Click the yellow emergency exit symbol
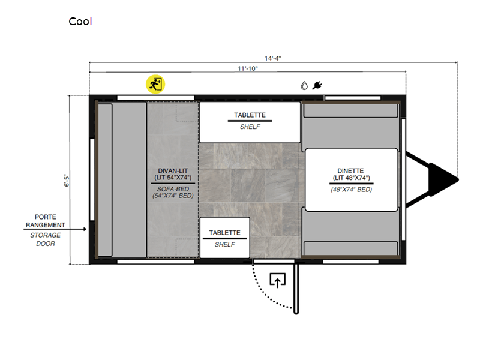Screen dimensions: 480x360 [x=155, y=84]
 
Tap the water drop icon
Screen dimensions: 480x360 [x=304, y=85]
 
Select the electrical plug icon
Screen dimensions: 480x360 [x=317, y=85]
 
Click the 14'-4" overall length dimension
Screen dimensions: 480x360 [x=273, y=58]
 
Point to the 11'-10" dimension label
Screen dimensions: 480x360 [x=248, y=68]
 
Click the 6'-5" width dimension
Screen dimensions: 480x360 [x=67, y=181]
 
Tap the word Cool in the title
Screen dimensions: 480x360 [x=80, y=22]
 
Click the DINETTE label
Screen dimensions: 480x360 [x=350, y=171]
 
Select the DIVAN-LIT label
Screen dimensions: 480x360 [x=173, y=171]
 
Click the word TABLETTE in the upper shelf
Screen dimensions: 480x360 [x=250, y=115]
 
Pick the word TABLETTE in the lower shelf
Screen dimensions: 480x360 [x=224, y=233]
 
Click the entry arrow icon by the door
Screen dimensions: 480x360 [x=278, y=280]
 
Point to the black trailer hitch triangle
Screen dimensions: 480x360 [x=443, y=179]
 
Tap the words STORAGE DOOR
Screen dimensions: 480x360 [x=46, y=239]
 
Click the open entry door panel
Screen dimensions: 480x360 [x=296, y=289]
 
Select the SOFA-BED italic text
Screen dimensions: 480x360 [x=173, y=189]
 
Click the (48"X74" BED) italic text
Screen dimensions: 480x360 [x=352, y=190]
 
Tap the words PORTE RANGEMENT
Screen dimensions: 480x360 [x=46, y=221]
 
